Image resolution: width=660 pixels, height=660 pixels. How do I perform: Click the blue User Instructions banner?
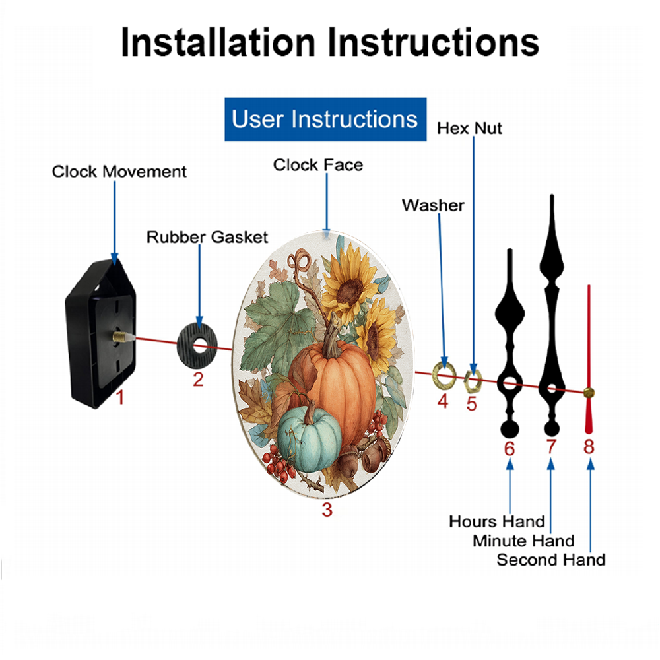click(325, 119)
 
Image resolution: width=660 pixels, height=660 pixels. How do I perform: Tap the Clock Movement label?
click(119, 172)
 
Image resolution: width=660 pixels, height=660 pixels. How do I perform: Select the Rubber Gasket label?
click(207, 237)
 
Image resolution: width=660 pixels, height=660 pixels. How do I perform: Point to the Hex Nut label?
click(469, 129)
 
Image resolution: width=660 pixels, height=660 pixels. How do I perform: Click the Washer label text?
click(433, 205)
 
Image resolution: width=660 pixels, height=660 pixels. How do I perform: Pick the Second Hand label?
click(551, 560)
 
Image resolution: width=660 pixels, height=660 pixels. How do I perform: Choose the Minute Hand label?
click(523, 541)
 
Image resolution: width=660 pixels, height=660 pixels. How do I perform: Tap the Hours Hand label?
click(497, 521)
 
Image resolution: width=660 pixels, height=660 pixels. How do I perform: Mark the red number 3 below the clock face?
click(327, 510)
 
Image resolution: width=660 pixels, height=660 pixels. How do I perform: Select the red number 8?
click(589, 446)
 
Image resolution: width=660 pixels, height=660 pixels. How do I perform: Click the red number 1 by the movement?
click(120, 397)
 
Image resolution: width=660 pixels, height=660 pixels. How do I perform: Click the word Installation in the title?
click(218, 42)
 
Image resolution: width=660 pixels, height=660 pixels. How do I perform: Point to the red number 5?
click(471, 404)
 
